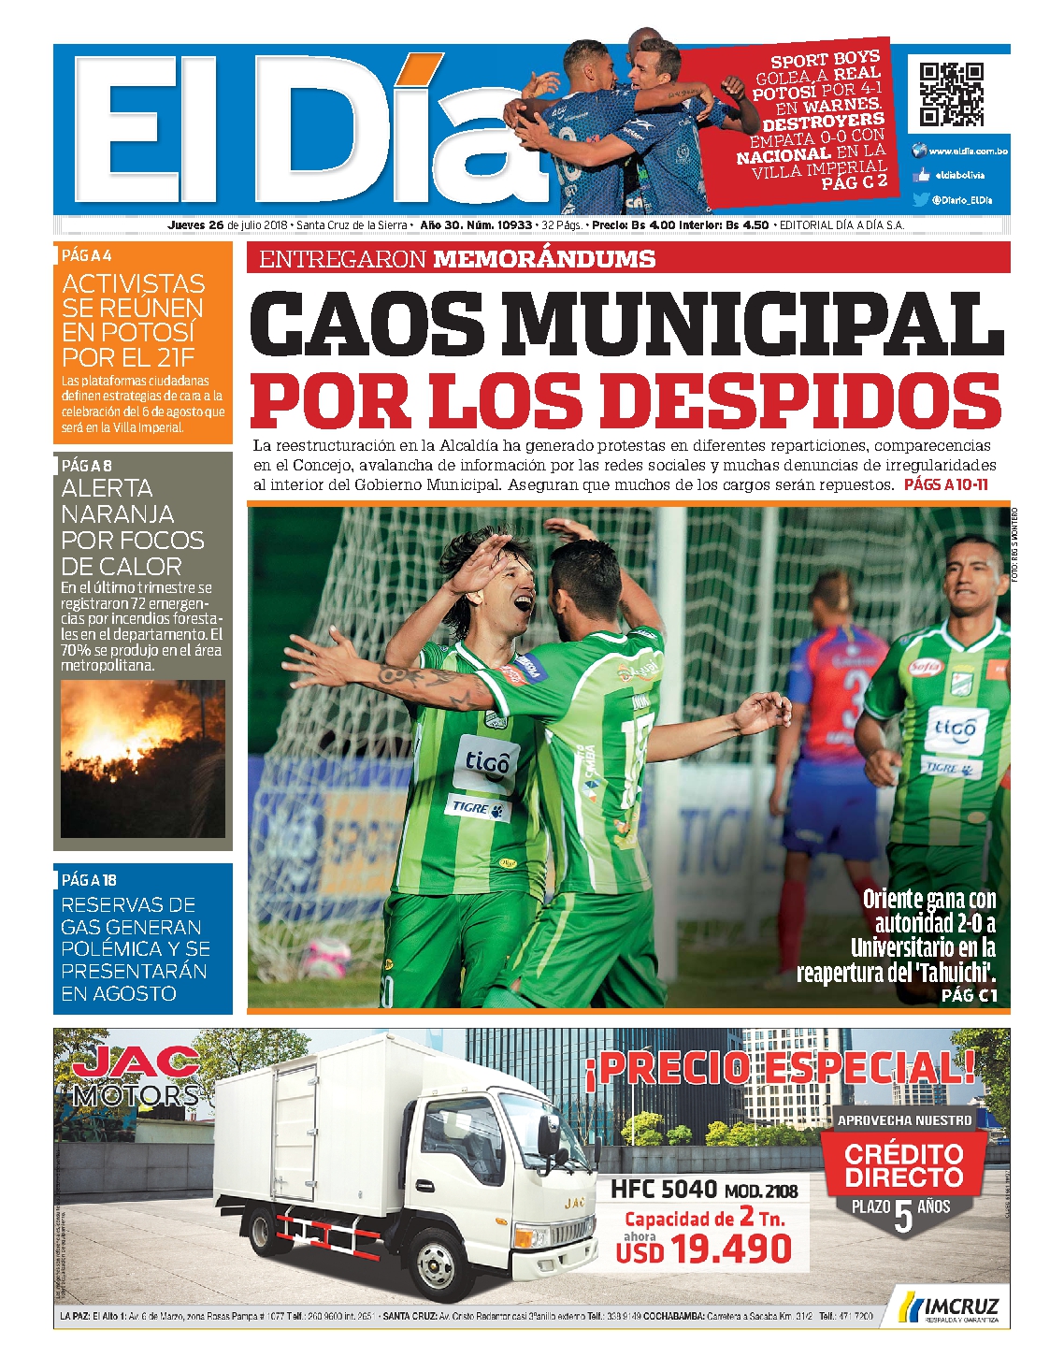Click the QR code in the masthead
pyautogui.click(x=951, y=94)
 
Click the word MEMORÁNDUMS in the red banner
pyautogui.click(x=544, y=259)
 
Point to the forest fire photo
pyautogui.click(x=142, y=758)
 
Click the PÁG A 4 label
pyautogui.click(x=87, y=255)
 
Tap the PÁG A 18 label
pyautogui.click(x=89, y=880)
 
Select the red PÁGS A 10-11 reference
pyautogui.click(x=945, y=484)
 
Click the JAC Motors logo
pyautogui.click(x=137, y=1075)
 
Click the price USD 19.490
pyautogui.click(x=704, y=1249)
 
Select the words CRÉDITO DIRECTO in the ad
pyautogui.click(x=903, y=1164)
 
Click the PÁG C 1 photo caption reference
pyautogui.click(x=970, y=995)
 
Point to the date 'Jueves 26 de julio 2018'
pyautogui.click(x=227, y=225)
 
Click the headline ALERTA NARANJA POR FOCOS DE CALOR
pyautogui.click(x=132, y=527)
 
